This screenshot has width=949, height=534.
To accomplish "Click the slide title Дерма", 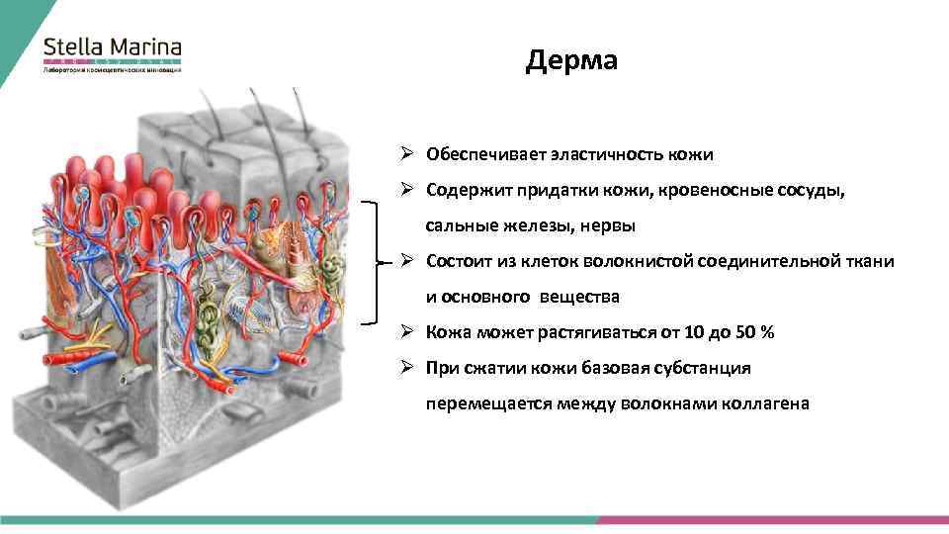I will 571,61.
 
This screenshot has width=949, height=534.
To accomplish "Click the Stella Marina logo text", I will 113,46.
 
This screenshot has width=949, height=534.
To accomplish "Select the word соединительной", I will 766,261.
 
